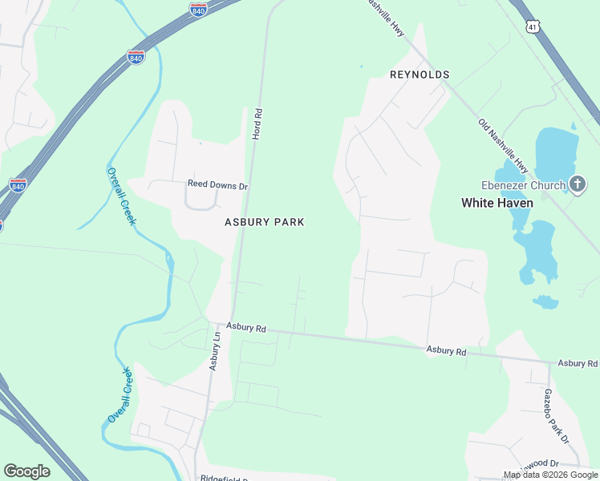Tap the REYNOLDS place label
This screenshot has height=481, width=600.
pos(419,75)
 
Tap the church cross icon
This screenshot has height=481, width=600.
pos(578,184)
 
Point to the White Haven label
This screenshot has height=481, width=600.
pos(497,203)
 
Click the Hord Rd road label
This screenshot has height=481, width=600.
pos(257,124)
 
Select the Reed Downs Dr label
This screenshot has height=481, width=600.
pos(218,184)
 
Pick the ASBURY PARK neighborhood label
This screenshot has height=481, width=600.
pos(264,222)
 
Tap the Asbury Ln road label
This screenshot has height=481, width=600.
pos(215,350)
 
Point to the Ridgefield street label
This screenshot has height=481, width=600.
pos(224,476)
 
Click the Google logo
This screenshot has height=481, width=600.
pos(26,471)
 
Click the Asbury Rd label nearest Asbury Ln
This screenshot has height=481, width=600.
pos(245,327)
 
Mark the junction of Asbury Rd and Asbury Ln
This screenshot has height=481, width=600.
pos(217,325)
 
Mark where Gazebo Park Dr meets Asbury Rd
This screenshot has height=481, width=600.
pos(549,362)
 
